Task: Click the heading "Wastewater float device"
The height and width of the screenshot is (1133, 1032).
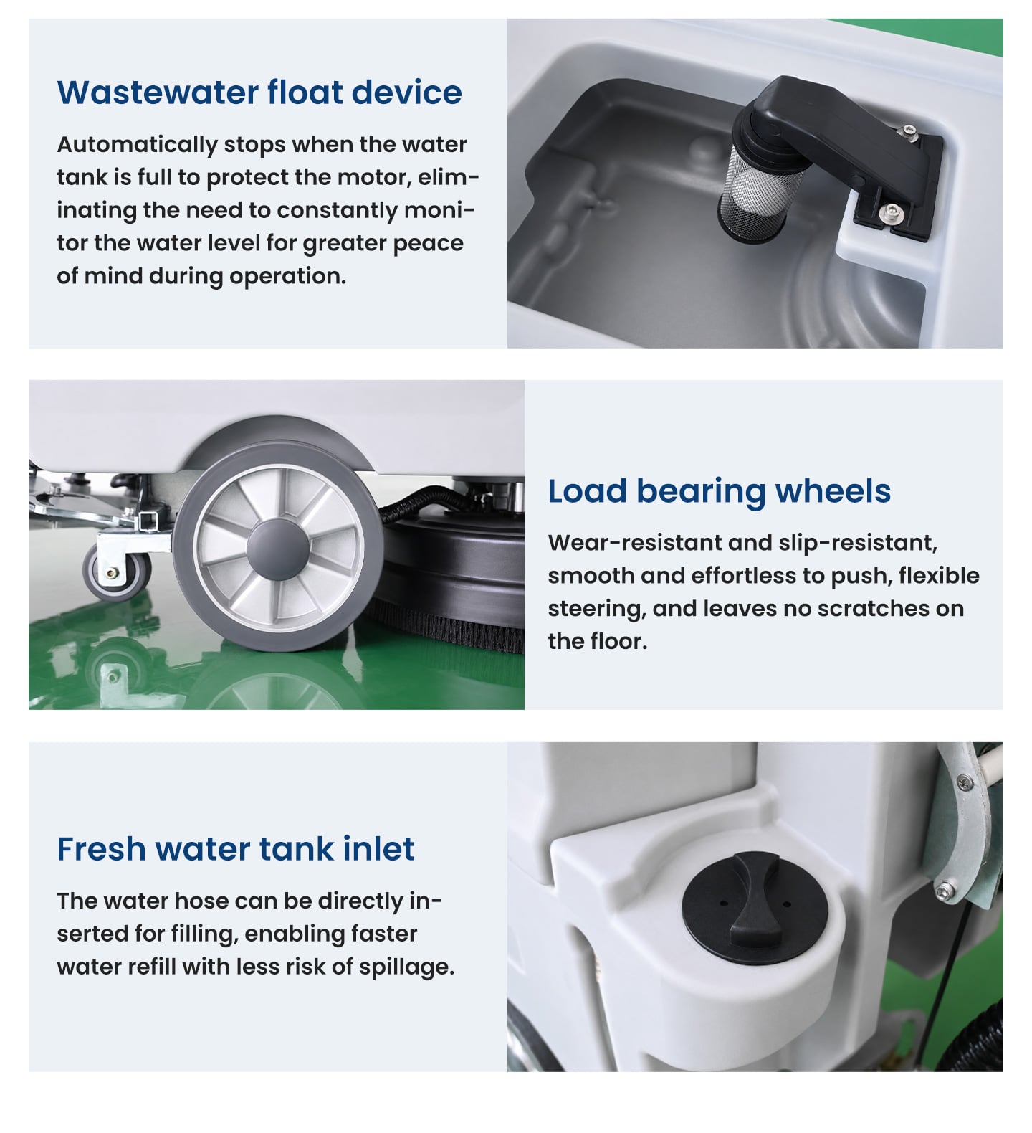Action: pyautogui.click(x=259, y=93)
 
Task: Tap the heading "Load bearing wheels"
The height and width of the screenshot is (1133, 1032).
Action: pyautogui.click(x=720, y=492)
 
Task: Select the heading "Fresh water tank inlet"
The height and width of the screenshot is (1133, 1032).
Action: pyautogui.click(x=236, y=849)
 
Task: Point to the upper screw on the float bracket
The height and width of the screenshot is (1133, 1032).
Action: pyautogui.click(x=909, y=131)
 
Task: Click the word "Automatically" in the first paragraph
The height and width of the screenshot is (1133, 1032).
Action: pyautogui.click(x=137, y=145)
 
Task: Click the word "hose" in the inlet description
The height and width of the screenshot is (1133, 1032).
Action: pyautogui.click(x=206, y=901)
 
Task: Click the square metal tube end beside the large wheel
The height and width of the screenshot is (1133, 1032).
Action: pyautogui.click(x=149, y=521)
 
